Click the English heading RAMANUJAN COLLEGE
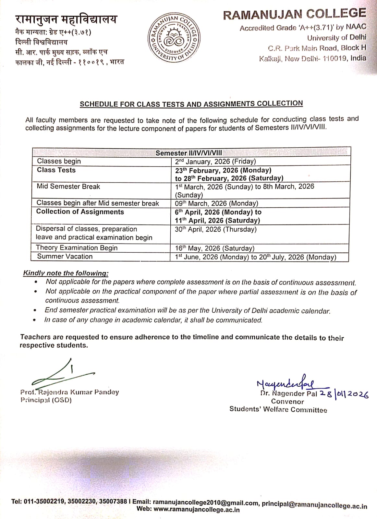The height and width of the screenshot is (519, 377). (x=294, y=14)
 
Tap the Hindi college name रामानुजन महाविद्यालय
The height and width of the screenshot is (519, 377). (x=66, y=19)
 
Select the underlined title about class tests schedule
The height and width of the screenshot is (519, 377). (x=191, y=104)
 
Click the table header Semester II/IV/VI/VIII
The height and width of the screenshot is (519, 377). (x=189, y=153)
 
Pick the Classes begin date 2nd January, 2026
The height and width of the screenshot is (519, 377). (x=215, y=162)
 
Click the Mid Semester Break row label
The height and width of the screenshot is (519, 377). (x=68, y=187)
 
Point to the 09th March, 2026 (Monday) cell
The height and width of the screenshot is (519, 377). (x=216, y=203)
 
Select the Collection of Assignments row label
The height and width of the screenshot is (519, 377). (x=80, y=212)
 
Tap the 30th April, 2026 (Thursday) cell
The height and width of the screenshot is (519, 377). (x=215, y=229)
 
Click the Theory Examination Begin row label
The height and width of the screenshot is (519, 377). (x=77, y=248)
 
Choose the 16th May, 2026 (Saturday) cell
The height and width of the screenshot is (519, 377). (x=214, y=248)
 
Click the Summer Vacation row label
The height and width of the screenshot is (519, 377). (x=65, y=256)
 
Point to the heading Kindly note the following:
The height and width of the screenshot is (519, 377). (x=66, y=273)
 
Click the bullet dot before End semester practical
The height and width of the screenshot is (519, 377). (x=35, y=310)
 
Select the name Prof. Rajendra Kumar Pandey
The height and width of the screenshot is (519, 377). (x=69, y=392)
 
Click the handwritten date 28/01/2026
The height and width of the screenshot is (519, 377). (x=344, y=393)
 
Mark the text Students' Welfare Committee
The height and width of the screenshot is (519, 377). (x=278, y=409)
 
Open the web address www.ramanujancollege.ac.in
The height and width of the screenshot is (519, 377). (x=197, y=510)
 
